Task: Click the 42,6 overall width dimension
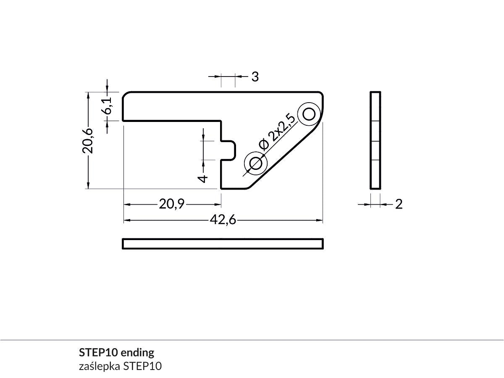pyautogui.click(x=222, y=220)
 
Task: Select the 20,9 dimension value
pyautogui.click(x=172, y=204)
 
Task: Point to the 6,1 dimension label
pyautogui.click(x=107, y=105)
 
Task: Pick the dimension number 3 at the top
pyautogui.click(x=255, y=77)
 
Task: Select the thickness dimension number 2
pyautogui.click(x=399, y=204)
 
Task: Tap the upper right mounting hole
pyautogui.click(x=309, y=114)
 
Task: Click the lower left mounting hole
pyautogui.click(x=256, y=163)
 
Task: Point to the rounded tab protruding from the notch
pyautogui.click(x=229, y=150)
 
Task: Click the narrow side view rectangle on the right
pyautogui.click(x=375, y=140)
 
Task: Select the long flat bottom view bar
pyautogui.click(x=223, y=244)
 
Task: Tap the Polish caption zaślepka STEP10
pyautogui.click(x=120, y=366)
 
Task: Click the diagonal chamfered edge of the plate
pyautogui.click(x=286, y=156)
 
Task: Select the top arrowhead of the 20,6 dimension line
pyautogui.click(x=88, y=95)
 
